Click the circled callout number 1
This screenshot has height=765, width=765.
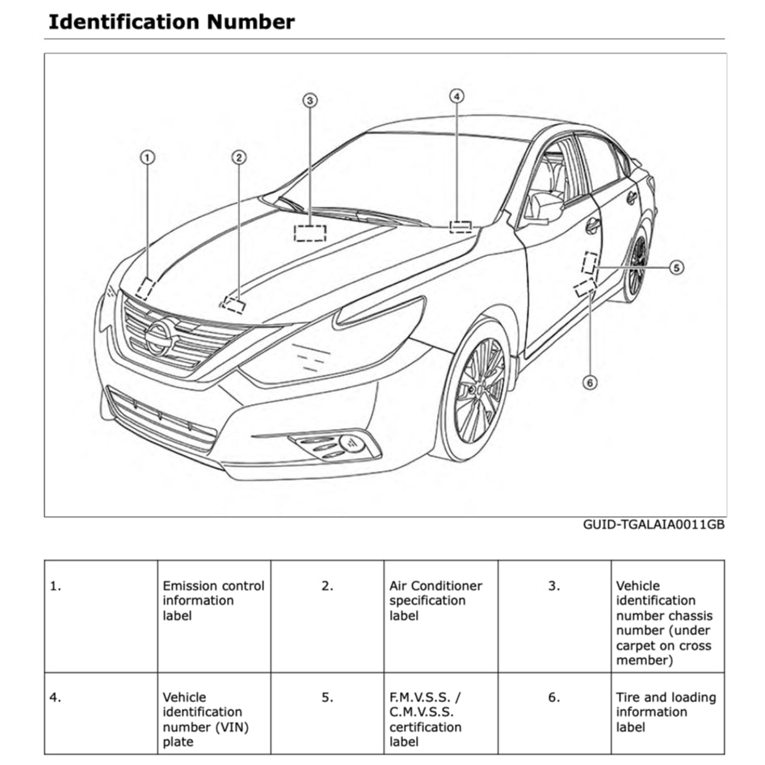tap(147, 158)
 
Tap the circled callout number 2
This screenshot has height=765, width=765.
tap(239, 157)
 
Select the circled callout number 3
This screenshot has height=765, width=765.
tap(310, 100)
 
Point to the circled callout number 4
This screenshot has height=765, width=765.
tap(457, 95)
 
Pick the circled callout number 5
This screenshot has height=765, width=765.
tap(676, 267)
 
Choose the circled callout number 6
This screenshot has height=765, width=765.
tap(590, 382)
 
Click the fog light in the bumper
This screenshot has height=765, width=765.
tap(351, 443)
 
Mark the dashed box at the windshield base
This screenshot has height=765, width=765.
tap(309, 233)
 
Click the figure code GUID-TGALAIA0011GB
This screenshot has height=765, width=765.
tap(654, 525)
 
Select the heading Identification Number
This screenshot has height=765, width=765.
tap(171, 21)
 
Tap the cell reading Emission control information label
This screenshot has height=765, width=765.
tap(213, 600)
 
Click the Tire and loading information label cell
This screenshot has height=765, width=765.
tap(666, 712)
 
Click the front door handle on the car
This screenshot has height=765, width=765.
tap(593, 226)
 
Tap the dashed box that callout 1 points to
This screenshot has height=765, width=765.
tap(145, 288)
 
